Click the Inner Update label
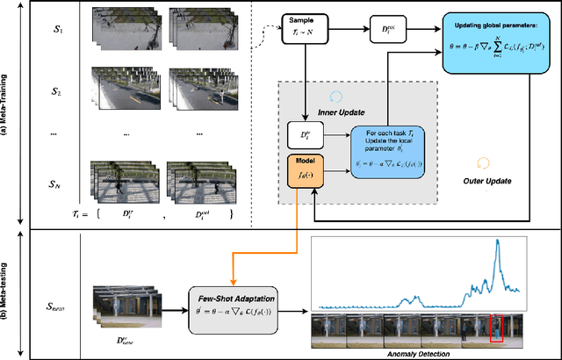(328, 110)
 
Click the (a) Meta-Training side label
(12, 115)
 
